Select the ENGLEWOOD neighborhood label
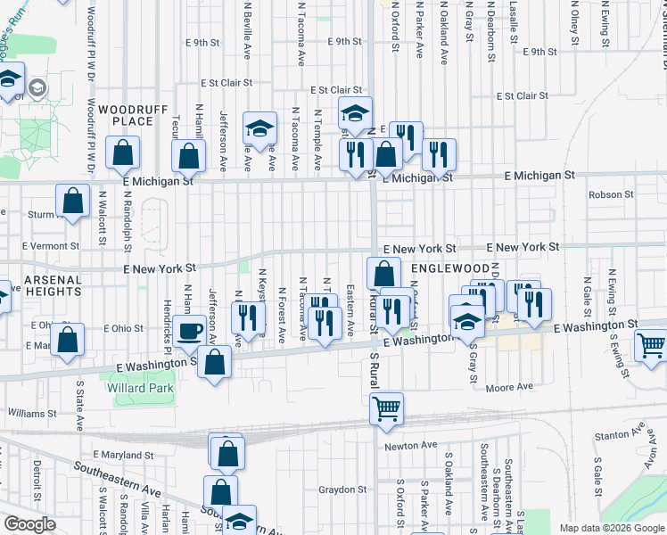pyautogui.click(x=450, y=268)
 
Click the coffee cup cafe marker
pyautogui.click(x=188, y=331)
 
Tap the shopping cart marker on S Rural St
pyautogui.click(x=387, y=409)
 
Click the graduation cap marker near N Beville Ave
pyautogui.click(x=260, y=130)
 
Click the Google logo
pyautogui.click(x=29, y=524)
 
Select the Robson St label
pyautogui.click(x=610, y=193)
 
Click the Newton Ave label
pyautogui.click(x=411, y=445)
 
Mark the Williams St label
pyautogui.click(x=32, y=414)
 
